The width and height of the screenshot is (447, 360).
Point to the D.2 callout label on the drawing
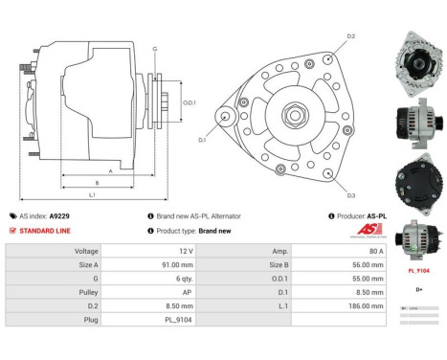pos(350,36)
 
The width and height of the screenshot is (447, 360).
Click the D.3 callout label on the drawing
pos(350,194)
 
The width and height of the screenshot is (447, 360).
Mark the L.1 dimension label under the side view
pos(91,194)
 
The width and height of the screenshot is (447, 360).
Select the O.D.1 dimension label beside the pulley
pos(189,103)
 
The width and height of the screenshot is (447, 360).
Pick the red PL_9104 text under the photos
pos(418,271)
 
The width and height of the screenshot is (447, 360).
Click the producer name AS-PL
pos(377,216)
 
